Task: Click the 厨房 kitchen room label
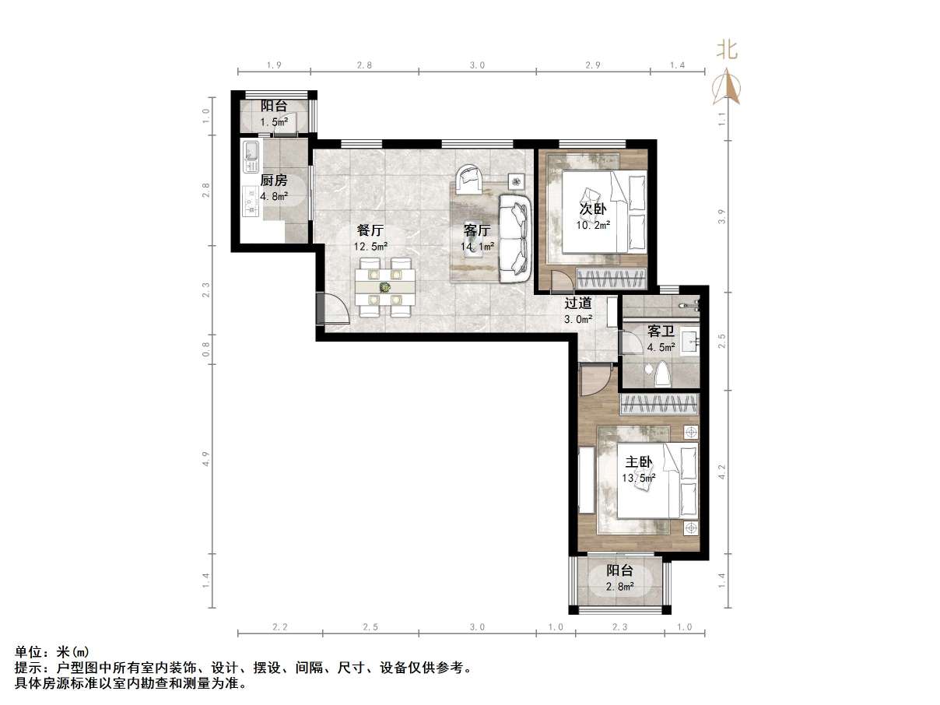click(x=274, y=181)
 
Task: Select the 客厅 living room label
click(x=477, y=231)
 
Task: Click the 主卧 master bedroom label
click(x=638, y=461)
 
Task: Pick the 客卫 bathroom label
click(x=661, y=332)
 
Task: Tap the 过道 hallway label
click(x=578, y=304)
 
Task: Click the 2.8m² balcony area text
click(x=620, y=586)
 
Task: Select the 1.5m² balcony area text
click(x=274, y=122)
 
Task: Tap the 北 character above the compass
click(x=727, y=51)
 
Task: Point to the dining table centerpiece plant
click(x=384, y=287)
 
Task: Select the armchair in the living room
click(x=469, y=178)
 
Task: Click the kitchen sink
click(x=251, y=156)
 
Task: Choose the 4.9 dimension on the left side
click(x=206, y=458)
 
